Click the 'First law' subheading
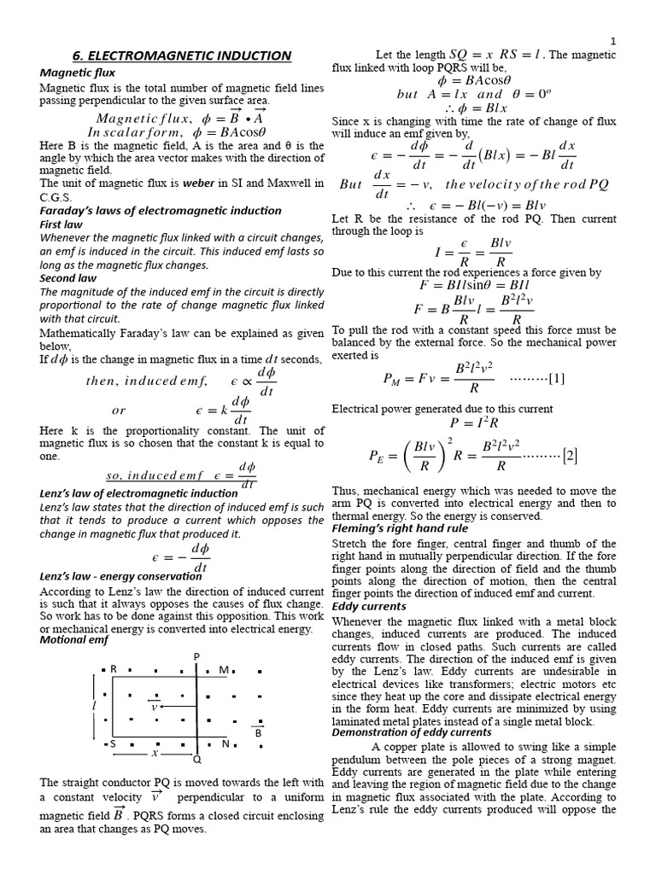[x=61, y=224]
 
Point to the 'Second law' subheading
[x=68, y=277]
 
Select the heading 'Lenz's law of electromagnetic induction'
[x=139, y=493]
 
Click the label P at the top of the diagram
[x=196, y=655]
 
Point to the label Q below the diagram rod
[x=196, y=759]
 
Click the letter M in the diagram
[x=224, y=670]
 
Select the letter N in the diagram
[x=226, y=743]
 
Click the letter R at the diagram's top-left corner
[x=113, y=670]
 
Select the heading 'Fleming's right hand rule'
[x=400, y=528]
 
